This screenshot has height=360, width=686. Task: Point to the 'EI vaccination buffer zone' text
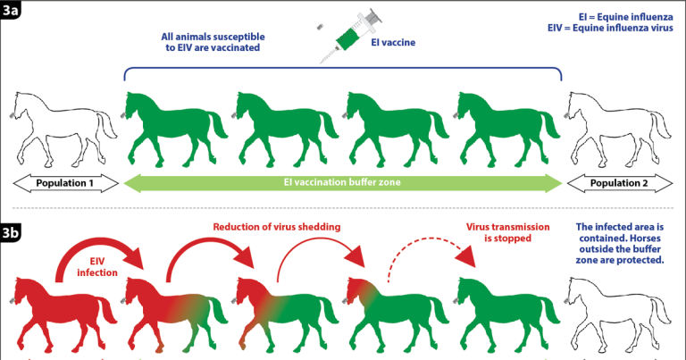pos(344,184)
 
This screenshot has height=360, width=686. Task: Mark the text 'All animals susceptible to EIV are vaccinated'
pos(211,42)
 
